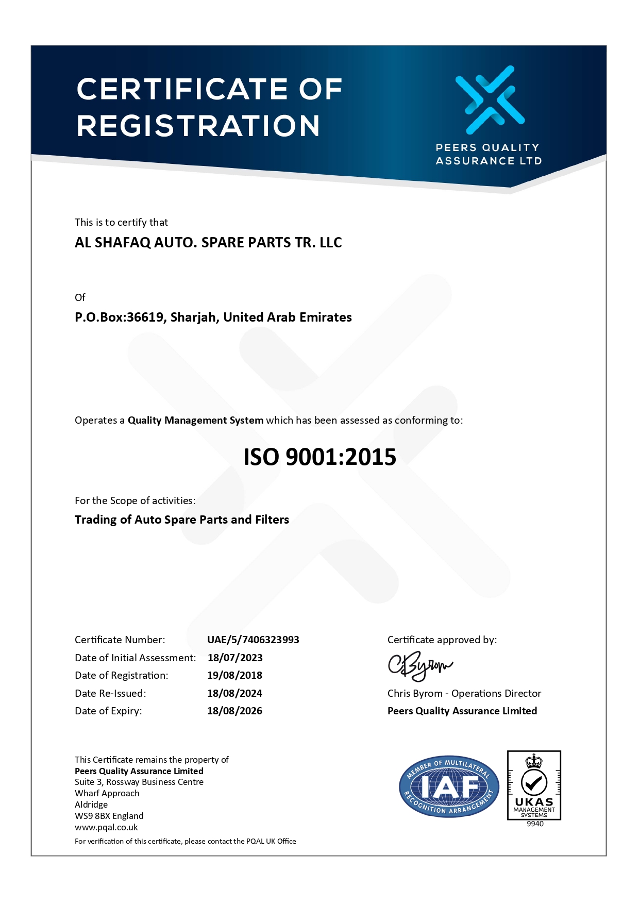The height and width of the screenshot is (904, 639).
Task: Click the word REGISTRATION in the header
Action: tap(198, 126)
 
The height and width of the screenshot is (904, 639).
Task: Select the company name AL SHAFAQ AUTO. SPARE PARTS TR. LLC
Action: tap(208, 242)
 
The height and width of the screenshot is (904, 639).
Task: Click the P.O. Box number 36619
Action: tap(145, 317)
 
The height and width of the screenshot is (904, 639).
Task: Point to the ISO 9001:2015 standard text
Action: tap(320, 457)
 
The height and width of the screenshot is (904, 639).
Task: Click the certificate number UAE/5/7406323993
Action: tap(253, 640)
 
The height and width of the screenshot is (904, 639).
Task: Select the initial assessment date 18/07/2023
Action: tap(235, 658)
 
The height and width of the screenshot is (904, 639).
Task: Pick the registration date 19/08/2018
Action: tap(234, 675)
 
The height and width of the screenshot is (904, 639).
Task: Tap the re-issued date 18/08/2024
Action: tap(234, 693)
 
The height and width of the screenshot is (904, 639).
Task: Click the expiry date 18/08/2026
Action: tap(234, 711)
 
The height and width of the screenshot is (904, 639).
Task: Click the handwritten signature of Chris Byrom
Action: tap(419, 666)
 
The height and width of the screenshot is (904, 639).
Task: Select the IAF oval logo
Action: tap(449, 787)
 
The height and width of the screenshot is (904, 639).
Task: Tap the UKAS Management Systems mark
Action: tap(534, 785)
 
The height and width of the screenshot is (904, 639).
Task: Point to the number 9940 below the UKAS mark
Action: tap(535, 824)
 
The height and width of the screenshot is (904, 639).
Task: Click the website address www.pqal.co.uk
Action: tap(106, 827)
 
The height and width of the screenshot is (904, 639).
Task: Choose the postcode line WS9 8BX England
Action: tap(109, 816)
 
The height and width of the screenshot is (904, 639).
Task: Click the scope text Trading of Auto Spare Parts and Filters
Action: tap(182, 520)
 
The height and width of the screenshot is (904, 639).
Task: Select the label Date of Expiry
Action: tap(108, 711)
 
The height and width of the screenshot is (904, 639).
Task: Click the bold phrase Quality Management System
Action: tap(195, 420)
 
